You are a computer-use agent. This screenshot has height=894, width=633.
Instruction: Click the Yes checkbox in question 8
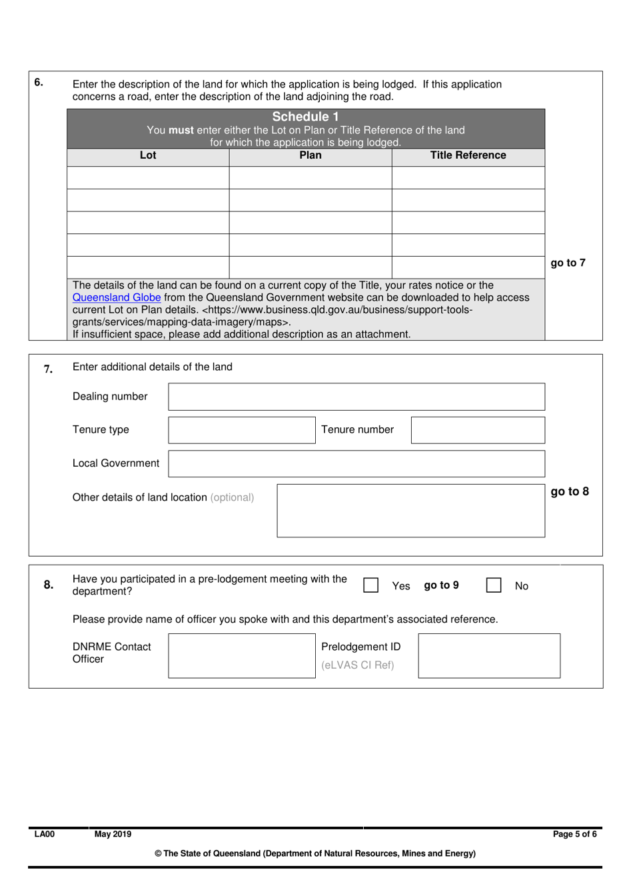[x=371, y=585]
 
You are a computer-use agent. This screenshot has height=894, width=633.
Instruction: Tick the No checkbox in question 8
[x=494, y=585]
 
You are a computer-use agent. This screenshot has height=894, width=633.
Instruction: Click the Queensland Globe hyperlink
[x=117, y=297]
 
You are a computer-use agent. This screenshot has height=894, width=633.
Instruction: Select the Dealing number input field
[x=356, y=397]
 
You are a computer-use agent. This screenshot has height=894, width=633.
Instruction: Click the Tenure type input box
[x=241, y=430]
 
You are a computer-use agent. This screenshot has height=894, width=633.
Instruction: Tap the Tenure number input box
[x=478, y=430]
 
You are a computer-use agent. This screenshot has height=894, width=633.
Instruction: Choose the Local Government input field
[x=356, y=463]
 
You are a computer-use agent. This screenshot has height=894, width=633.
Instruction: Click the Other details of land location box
[x=410, y=511]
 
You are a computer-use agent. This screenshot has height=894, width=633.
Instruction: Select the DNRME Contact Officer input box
[x=241, y=656]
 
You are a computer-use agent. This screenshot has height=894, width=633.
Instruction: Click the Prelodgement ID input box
[x=489, y=656]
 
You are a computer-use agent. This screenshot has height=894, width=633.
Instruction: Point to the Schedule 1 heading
[x=305, y=117]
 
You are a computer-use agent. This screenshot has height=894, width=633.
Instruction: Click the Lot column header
[x=148, y=155]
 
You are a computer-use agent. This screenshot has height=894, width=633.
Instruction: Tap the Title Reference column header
[x=468, y=155]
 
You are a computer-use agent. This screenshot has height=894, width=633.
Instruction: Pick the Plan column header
[x=311, y=155]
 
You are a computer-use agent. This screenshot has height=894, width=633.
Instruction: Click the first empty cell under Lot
[x=148, y=178]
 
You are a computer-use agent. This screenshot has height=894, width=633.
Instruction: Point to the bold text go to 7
[x=568, y=263]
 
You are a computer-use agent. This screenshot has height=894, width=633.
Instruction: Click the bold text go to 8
[x=570, y=491]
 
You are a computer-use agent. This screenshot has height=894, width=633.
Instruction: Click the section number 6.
[x=39, y=83]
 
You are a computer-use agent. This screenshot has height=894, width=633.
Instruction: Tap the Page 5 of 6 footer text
[x=574, y=834]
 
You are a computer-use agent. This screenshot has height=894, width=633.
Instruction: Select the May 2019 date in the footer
[x=113, y=834]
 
